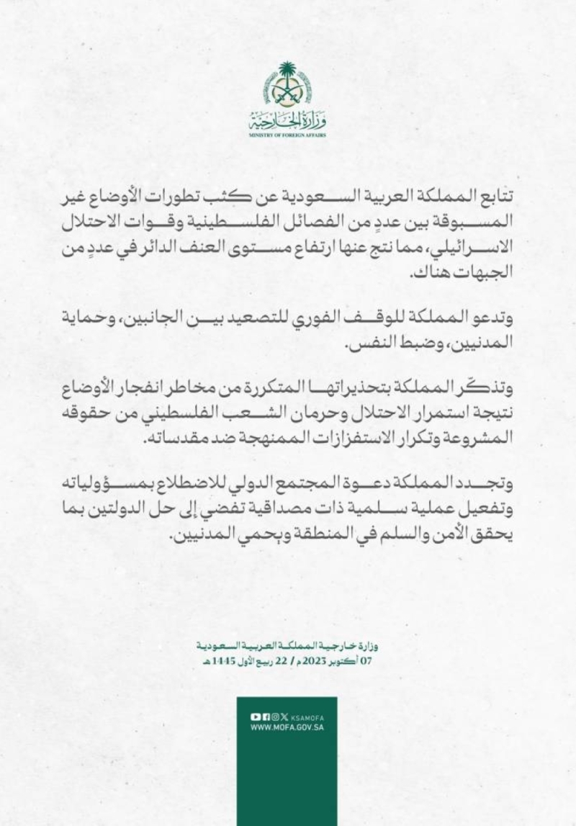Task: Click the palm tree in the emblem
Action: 288,73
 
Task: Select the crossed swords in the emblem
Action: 288,92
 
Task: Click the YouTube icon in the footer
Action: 254,717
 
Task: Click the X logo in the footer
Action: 284,717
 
